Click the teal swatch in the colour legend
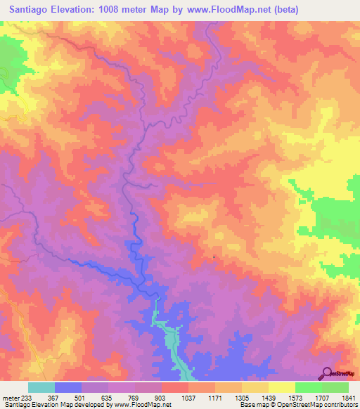coord(41,387)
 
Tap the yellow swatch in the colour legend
coord(281,387)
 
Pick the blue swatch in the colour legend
coord(68,387)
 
